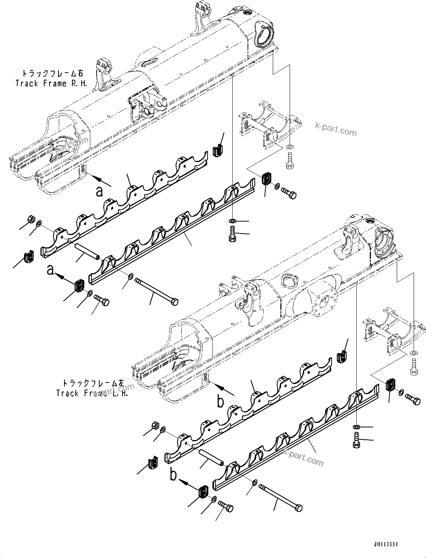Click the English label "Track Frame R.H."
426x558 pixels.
pyautogui.click(x=51, y=83)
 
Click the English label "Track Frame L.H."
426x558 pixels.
pyautogui.click(x=92, y=393)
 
